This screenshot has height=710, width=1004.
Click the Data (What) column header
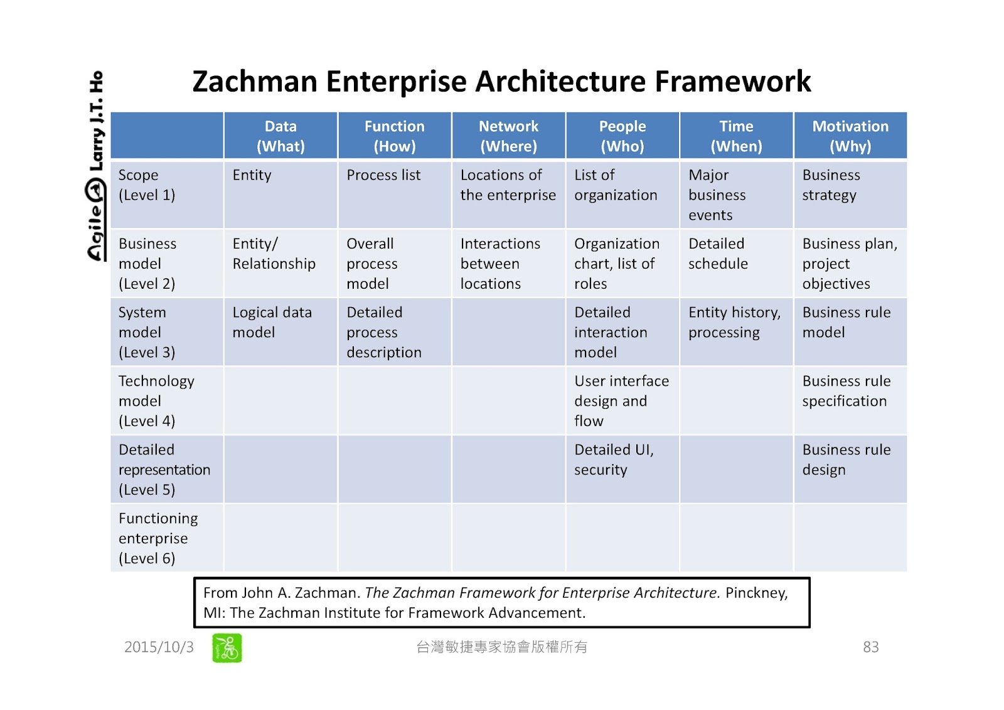[280, 136]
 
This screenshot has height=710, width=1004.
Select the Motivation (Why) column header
[850, 136]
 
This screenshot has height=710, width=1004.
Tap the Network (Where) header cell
[508, 136]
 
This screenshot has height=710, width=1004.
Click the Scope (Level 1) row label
[147, 185]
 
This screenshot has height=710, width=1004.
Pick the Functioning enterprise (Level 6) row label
[158, 538]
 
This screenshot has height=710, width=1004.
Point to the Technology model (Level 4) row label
[156, 401]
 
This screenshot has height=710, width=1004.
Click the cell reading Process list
[383, 175]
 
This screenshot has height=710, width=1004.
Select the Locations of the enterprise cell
[508, 185]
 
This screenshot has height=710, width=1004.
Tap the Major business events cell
[717, 195]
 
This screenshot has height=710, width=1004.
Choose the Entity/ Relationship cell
[274, 254]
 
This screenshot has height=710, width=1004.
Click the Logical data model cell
[272, 322]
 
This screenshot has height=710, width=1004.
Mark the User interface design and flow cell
[621, 401]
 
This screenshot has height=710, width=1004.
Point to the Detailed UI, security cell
[614, 460]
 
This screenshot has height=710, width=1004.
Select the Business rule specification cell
[846, 391]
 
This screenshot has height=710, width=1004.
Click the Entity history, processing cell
[734, 322]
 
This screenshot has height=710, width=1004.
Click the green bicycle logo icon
[227, 648]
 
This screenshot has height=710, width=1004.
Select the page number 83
[870, 647]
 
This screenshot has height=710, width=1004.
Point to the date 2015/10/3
[159, 647]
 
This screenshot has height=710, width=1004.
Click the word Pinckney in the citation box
[756, 593]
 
